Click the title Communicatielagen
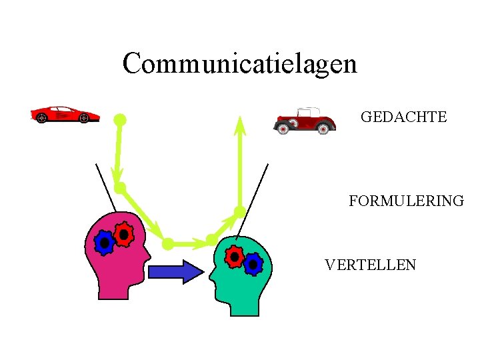(x=240, y=64)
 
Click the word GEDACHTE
(x=403, y=117)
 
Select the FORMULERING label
(x=405, y=201)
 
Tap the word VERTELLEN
(x=370, y=265)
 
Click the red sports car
(x=65, y=114)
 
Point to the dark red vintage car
(x=305, y=121)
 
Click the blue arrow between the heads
(x=175, y=271)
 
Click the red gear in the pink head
(x=123, y=234)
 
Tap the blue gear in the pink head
(x=104, y=243)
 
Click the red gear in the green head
(x=234, y=256)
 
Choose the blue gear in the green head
(x=253, y=265)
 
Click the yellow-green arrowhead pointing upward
(x=240, y=125)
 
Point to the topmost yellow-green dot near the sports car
(x=119, y=120)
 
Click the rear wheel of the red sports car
(x=41, y=119)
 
